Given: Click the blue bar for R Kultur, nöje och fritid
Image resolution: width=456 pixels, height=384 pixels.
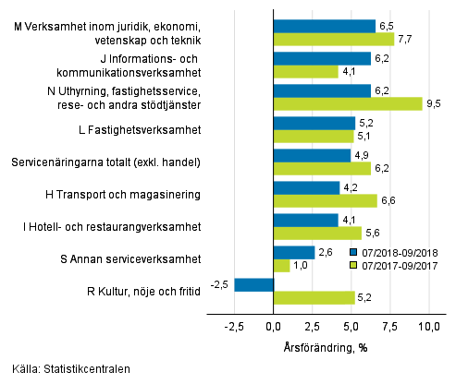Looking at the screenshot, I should [254, 284].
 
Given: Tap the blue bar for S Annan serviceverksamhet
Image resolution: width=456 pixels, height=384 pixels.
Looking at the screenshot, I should [294, 252].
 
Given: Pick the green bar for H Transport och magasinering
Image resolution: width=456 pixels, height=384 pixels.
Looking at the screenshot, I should [326, 200].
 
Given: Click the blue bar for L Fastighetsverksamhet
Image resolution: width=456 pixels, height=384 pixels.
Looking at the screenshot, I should [314, 123].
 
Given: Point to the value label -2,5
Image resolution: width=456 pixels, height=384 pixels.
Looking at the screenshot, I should [219, 284].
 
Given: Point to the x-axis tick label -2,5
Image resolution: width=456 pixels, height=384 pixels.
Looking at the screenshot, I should [234, 326].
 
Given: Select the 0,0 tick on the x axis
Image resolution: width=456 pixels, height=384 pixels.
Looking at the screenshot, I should [274, 326].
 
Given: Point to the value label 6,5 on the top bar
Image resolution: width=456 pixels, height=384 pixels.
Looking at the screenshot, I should [388, 26].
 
